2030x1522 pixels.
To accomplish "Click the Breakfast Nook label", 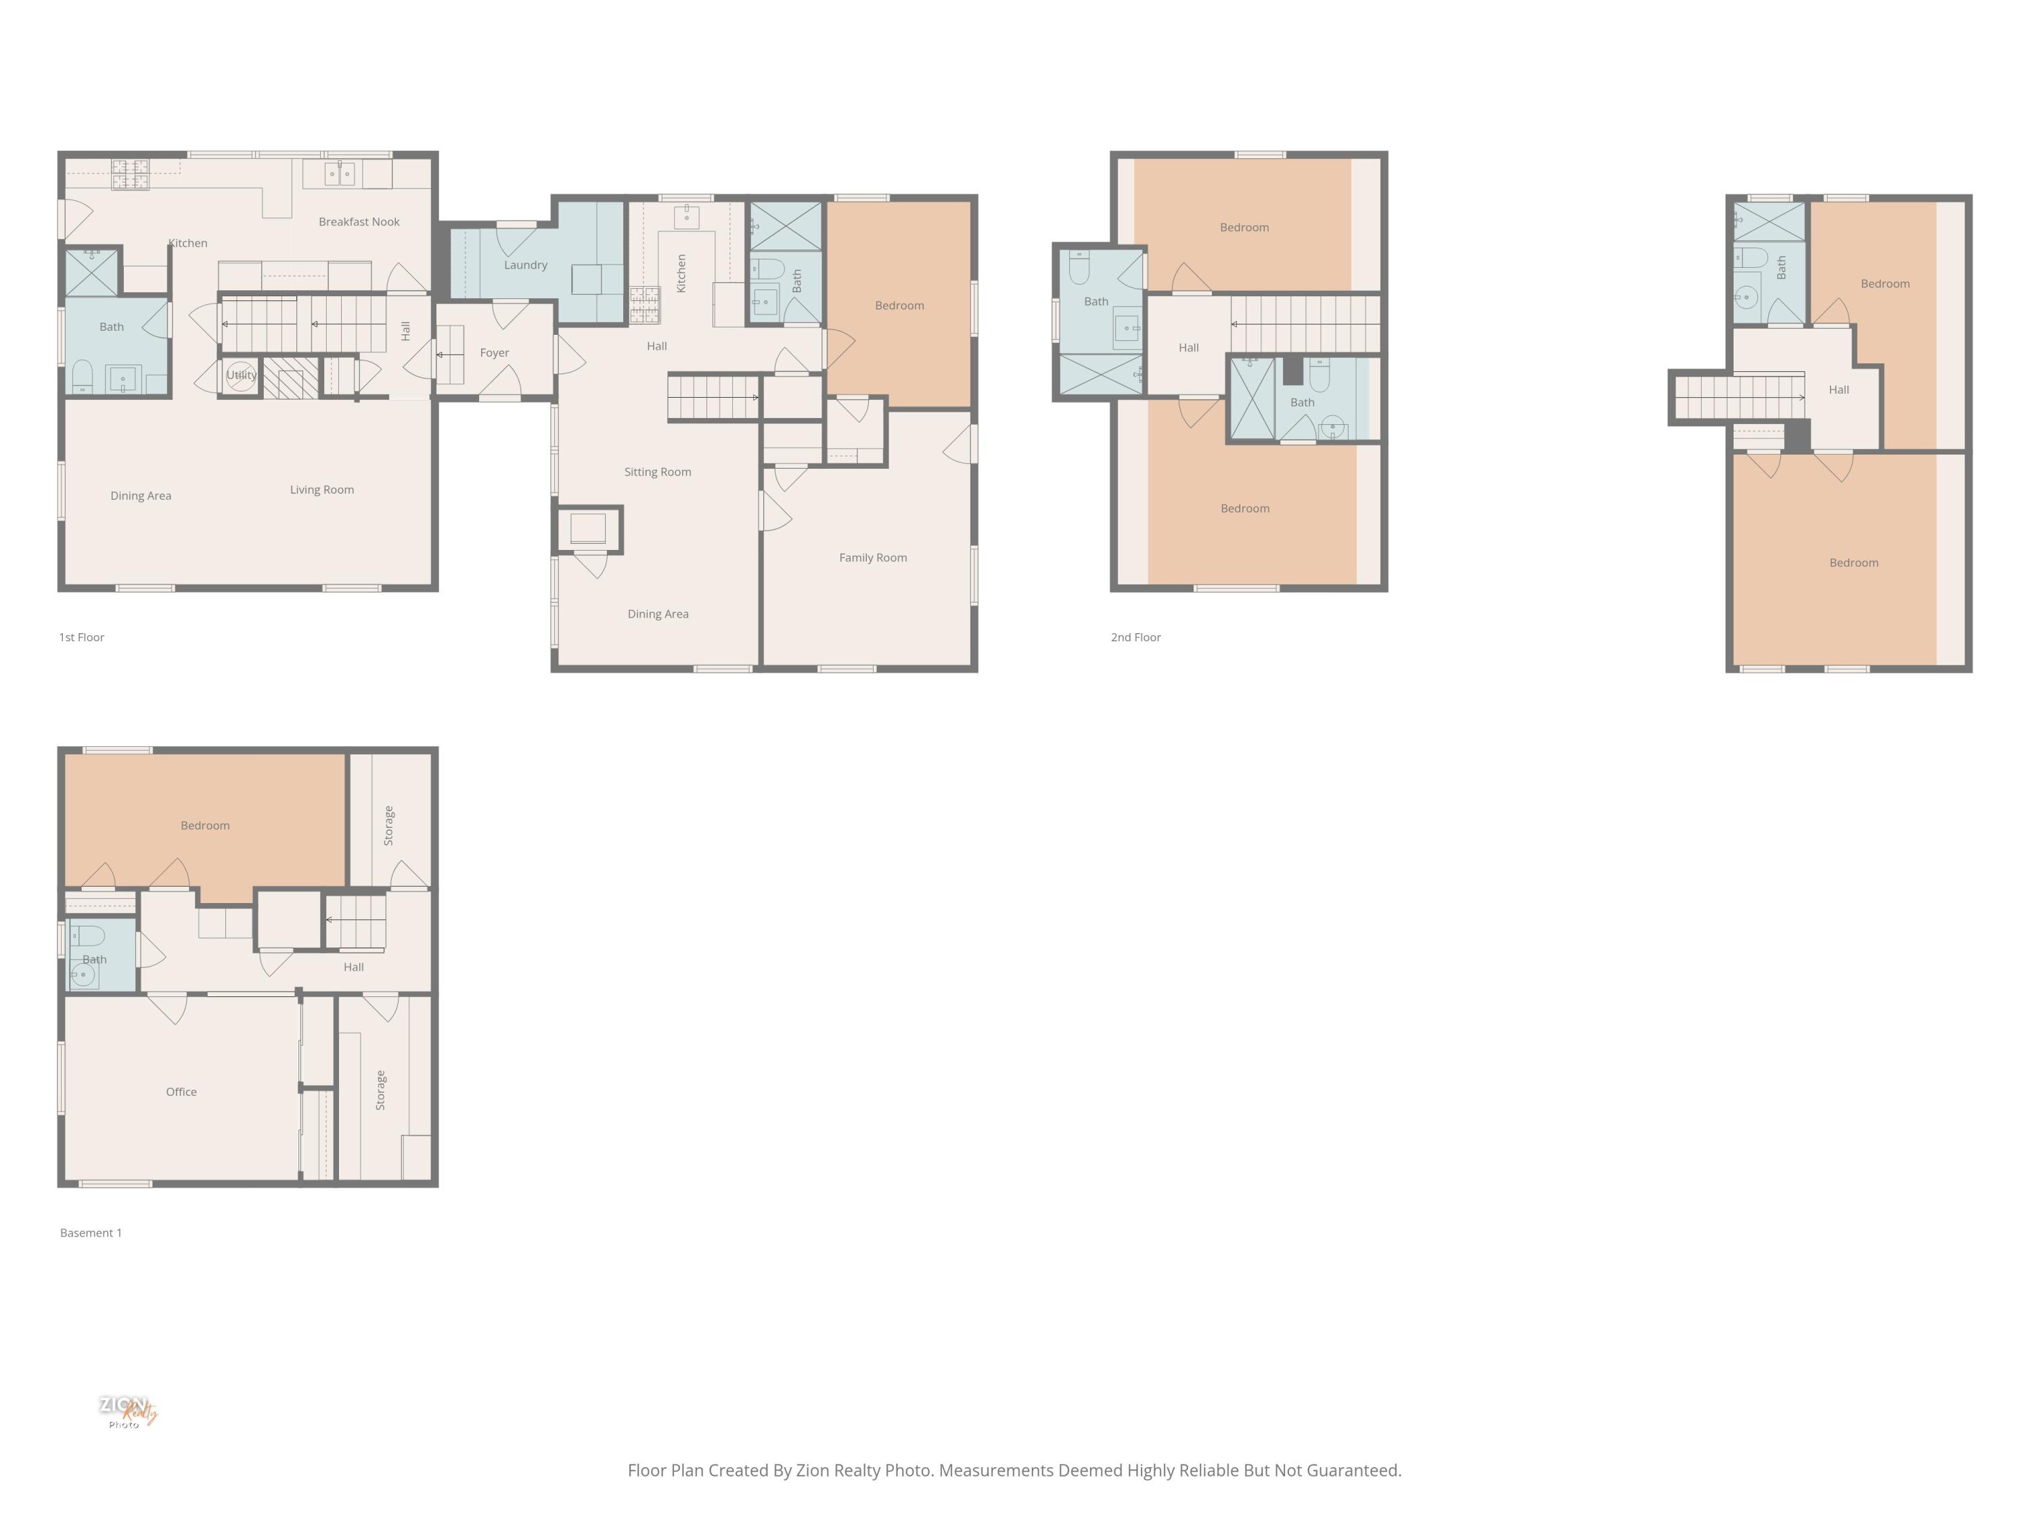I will [x=359, y=222].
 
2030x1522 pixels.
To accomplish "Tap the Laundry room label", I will [x=525, y=265].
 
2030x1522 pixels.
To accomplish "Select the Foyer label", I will [x=494, y=353].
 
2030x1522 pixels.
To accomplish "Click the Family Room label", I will [x=873, y=558].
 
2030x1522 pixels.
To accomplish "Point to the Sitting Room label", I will [x=657, y=472].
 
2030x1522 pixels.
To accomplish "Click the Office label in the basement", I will [x=181, y=1092].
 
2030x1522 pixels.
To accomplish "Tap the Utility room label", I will [x=242, y=375].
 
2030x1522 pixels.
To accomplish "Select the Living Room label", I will [x=321, y=490].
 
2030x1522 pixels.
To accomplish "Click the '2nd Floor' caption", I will [x=1135, y=638].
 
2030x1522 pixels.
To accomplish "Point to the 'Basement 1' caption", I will [x=91, y=1233].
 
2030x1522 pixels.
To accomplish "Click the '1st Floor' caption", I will [x=82, y=638].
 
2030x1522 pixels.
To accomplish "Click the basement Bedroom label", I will [x=204, y=826].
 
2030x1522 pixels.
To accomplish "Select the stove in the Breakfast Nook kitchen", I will [x=131, y=175].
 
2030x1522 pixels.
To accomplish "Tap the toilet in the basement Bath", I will [x=88, y=936].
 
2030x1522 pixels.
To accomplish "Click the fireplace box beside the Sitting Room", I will [x=587, y=530].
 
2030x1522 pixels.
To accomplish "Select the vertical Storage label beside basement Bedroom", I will [x=388, y=826].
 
